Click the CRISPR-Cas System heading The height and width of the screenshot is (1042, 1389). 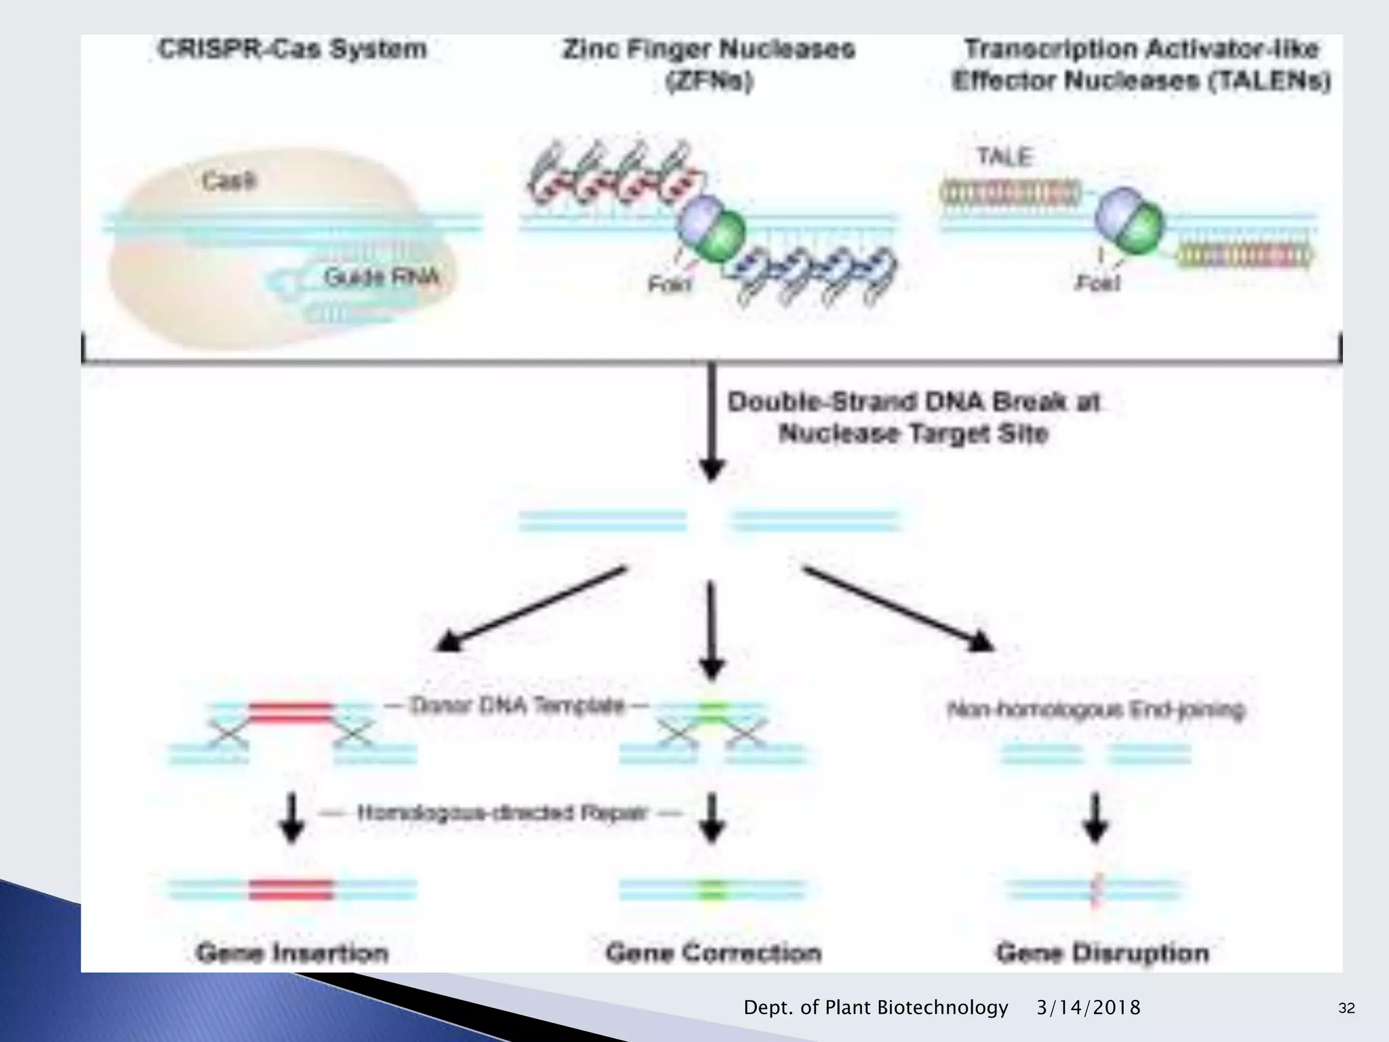(292, 50)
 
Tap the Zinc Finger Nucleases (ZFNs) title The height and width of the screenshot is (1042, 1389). (709, 64)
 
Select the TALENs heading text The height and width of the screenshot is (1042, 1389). (1141, 64)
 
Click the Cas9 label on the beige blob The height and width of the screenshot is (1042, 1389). (229, 180)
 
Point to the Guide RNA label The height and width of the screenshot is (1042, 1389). (381, 277)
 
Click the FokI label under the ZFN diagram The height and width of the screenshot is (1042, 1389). (669, 284)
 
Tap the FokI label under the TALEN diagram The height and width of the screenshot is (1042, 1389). (1098, 282)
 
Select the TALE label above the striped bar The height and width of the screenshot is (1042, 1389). (1004, 157)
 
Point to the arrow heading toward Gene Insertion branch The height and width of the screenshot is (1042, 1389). (529, 609)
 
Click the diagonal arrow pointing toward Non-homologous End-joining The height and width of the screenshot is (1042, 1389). (899, 609)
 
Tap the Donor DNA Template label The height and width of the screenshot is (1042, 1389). (517, 706)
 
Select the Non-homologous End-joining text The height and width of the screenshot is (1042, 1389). (1096, 710)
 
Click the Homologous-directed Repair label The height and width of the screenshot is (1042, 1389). (502, 813)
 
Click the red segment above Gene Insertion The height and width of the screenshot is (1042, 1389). (292, 889)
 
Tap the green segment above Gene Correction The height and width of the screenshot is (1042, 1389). (711, 889)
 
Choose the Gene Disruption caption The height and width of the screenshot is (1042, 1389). (1103, 953)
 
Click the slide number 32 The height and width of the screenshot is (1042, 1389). (1346, 1008)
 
